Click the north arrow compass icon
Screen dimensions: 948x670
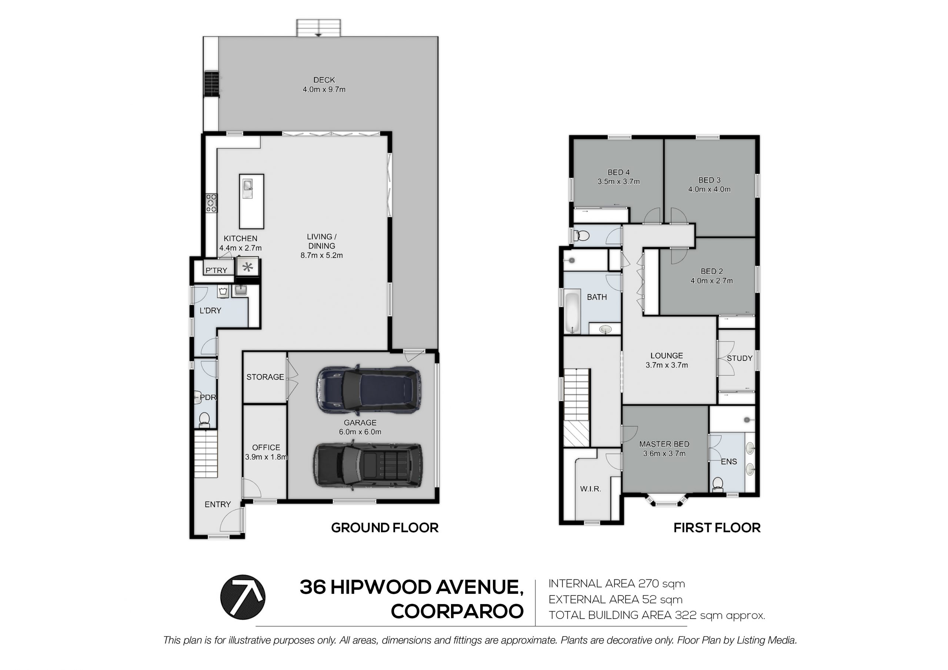(243, 597)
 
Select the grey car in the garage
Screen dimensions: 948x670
(368, 465)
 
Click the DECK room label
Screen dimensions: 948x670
(324, 80)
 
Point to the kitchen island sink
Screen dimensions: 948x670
(248, 189)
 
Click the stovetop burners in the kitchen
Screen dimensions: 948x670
(211, 203)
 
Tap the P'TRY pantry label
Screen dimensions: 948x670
(216, 270)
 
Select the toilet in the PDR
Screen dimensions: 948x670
(204, 420)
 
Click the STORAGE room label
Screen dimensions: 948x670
(265, 377)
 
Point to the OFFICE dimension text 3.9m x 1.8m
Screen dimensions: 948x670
(266, 457)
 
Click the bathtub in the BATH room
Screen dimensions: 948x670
(572, 312)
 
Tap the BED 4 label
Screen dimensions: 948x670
(618, 172)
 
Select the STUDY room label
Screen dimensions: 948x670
(740, 358)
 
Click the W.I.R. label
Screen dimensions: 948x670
(590, 489)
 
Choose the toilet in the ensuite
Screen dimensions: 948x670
(718, 484)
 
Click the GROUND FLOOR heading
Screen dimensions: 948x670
(385, 527)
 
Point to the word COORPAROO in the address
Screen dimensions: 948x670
(457, 612)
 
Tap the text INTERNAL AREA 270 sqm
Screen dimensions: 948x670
(617, 584)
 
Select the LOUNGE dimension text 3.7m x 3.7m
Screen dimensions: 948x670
(667, 365)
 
